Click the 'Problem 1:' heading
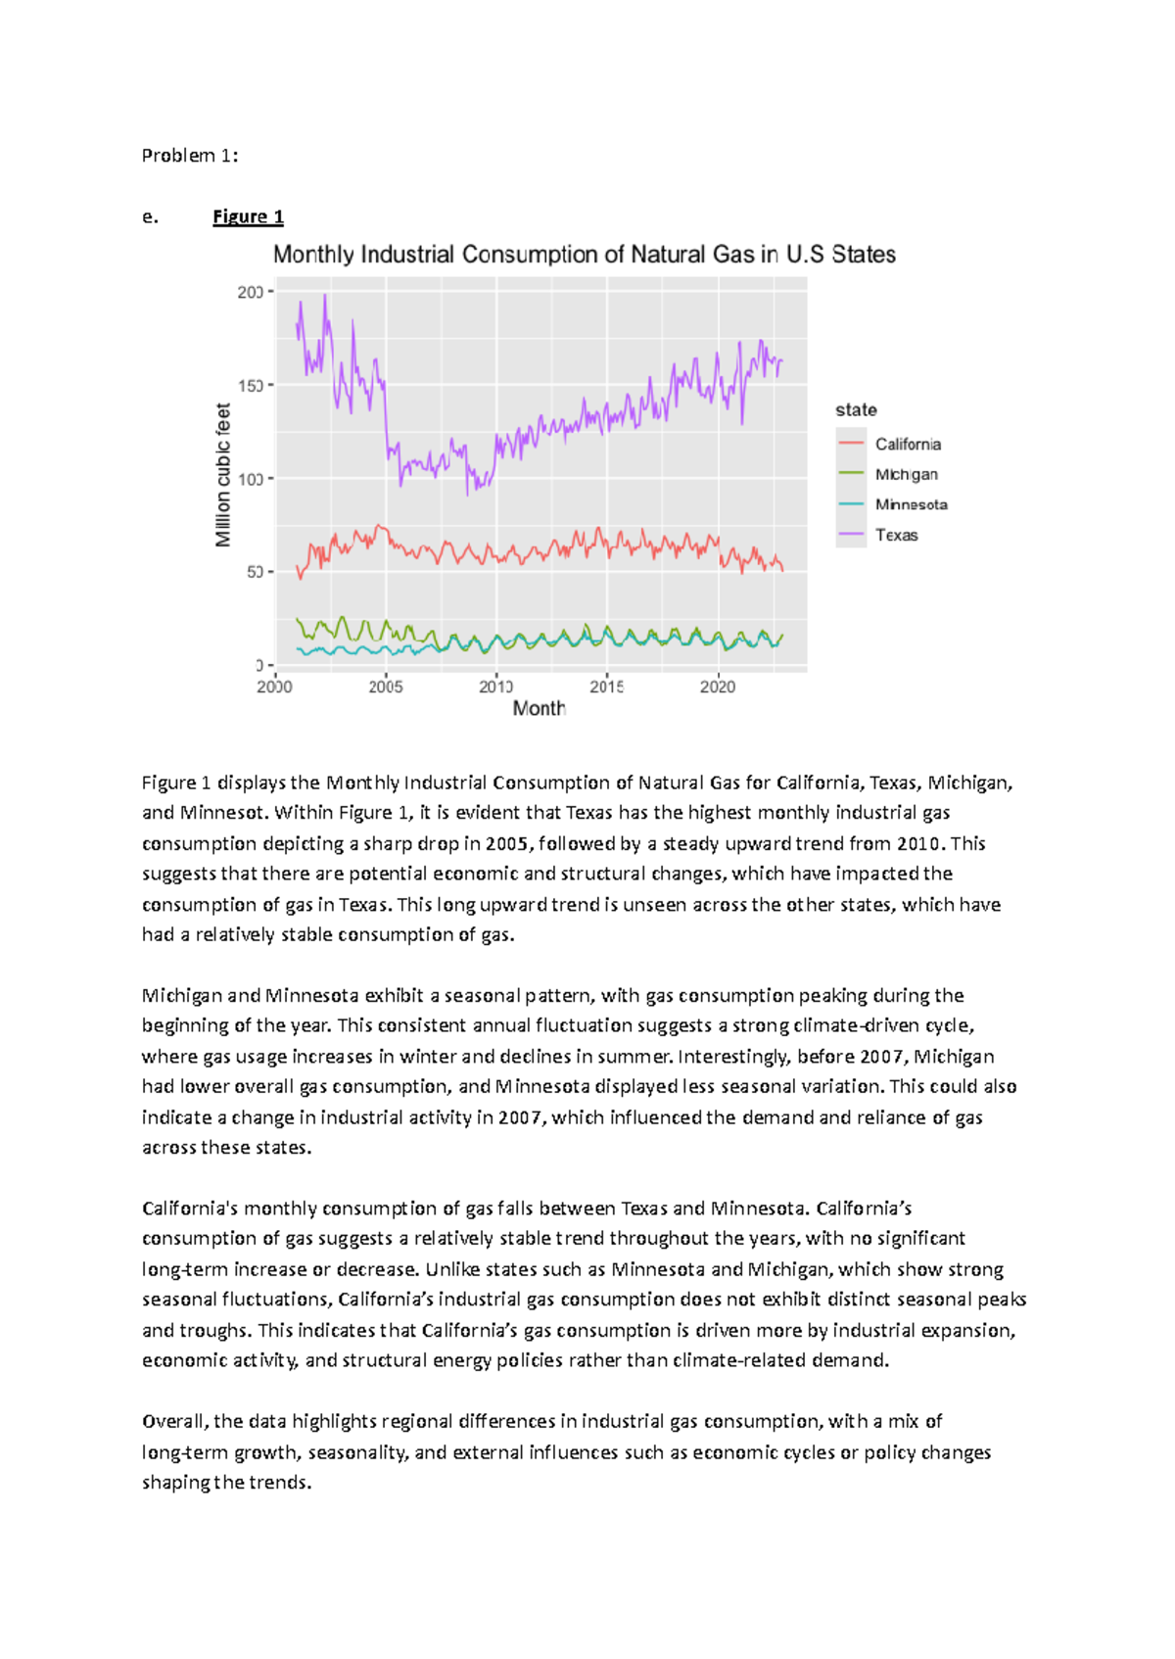[190, 156]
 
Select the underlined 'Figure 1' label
[248, 216]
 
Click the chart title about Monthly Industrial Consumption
[584, 255]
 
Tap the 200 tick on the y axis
[250, 292]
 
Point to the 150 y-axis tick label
[250, 386]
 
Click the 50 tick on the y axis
[254, 572]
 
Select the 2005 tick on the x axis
[386, 687]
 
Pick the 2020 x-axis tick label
[718, 687]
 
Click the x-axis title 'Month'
[540, 709]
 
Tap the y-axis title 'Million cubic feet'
[223, 475]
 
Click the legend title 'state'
[856, 410]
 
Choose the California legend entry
[907, 445]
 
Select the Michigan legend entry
[906, 475]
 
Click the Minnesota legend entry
[911, 505]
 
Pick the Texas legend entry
[896, 536]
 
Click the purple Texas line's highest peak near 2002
[325, 296]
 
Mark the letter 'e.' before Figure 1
[150, 217]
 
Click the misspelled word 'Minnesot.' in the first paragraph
[222, 813]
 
